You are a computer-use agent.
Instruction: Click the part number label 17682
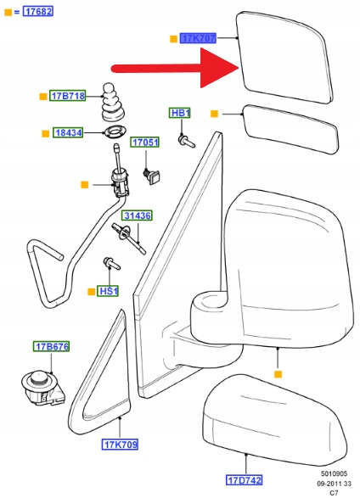38,12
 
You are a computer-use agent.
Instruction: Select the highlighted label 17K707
199,38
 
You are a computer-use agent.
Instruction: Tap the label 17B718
68,96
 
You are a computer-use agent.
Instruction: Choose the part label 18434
68,132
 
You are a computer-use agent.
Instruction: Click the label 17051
145,143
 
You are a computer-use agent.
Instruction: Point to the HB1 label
180,113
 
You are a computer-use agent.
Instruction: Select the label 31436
138,215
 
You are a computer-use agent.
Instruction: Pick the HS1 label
108,291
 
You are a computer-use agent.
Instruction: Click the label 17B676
51,346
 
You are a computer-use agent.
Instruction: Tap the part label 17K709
120,445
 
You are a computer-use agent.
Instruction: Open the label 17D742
244,480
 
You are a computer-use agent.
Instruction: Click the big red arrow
175,68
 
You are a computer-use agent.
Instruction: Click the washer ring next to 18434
115,131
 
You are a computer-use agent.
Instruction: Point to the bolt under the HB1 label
187,141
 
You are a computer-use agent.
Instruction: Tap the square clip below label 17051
152,176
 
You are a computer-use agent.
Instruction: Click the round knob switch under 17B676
43,388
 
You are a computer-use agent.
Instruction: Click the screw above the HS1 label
111,263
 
